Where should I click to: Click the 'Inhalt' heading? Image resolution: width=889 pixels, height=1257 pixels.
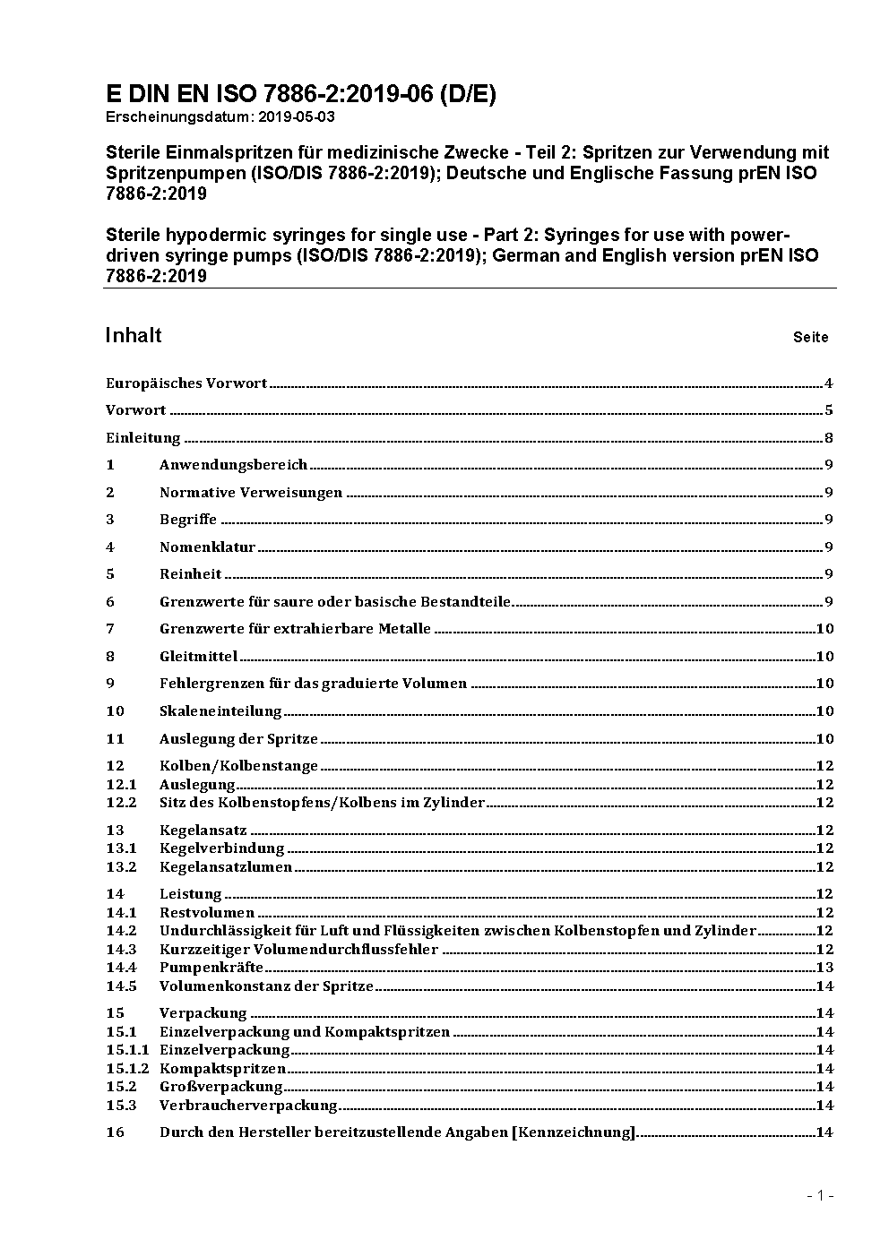[x=134, y=336]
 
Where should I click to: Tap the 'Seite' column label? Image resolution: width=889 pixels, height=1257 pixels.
[x=810, y=338]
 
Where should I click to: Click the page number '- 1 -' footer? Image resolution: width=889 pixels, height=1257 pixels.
[x=819, y=1195]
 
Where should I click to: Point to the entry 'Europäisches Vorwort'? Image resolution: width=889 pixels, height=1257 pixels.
[x=186, y=383]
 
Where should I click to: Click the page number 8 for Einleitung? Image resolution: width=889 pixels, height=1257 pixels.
[x=829, y=438]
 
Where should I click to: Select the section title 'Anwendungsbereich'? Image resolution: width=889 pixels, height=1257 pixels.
[x=233, y=465]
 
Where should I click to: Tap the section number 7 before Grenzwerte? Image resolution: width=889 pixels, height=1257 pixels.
[x=110, y=629]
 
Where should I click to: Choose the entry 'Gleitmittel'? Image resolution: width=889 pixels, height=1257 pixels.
[x=198, y=657]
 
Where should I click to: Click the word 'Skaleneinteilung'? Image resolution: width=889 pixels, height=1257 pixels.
[x=220, y=711]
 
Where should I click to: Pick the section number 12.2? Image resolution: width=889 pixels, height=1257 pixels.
[x=121, y=803]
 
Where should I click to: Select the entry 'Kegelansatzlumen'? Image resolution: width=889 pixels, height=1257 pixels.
[x=226, y=867]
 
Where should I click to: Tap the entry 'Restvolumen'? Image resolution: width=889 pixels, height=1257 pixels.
[x=207, y=913]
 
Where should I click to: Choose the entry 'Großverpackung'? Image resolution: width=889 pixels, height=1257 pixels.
[x=220, y=1087]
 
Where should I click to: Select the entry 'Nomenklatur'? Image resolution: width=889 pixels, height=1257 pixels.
[x=207, y=547]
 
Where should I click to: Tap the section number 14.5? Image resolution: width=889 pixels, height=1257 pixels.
[x=121, y=986]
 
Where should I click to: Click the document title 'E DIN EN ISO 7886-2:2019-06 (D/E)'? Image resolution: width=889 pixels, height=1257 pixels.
[x=300, y=94]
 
